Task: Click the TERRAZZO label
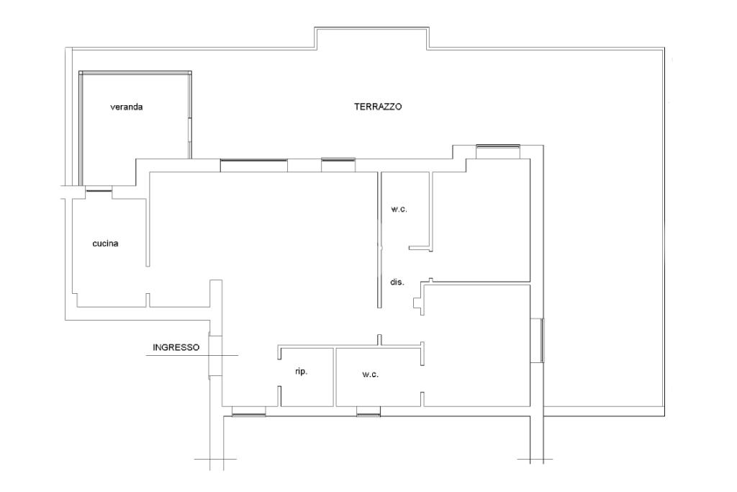click(x=378, y=106)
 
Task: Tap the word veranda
click(x=127, y=107)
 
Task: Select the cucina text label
click(x=105, y=243)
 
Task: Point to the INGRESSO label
click(x=176, y=347)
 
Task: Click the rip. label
click(x=302, y=371)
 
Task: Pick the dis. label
click(x=397, y=282)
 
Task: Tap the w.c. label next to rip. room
click(x=370, y=375)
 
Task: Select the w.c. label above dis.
click(x=399, y=209)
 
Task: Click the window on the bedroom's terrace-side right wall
click(x=541, y=339)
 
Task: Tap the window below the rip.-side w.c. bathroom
click(x=368, y=411)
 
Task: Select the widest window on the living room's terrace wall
click(x=253, y=165)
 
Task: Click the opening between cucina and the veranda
click(x=99, y=189)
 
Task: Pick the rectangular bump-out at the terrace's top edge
click(x=371, y=38)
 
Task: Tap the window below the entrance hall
click(x=249, y=411)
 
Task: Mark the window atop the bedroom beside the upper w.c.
click(x=498, y=150)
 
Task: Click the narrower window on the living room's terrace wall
click(x=338, y=164)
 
